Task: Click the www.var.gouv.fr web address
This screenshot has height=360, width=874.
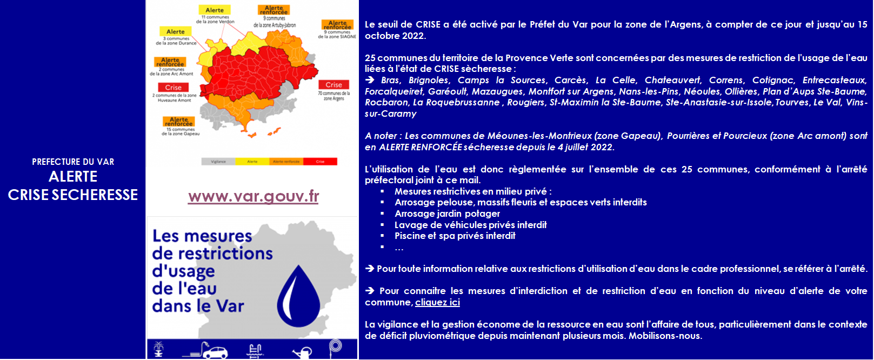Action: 253,197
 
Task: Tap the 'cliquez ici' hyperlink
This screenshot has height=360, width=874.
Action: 437,303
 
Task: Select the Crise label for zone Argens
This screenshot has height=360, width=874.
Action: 333,85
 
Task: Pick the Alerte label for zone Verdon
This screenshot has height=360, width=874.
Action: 215,10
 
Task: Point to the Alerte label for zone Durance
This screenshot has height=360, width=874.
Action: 176,32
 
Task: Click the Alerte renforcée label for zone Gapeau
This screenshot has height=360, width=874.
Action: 179,122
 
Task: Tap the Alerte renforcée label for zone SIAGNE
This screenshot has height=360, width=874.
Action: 338,25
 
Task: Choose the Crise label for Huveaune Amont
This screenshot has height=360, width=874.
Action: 174,88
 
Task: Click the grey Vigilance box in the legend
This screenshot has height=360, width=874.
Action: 218,162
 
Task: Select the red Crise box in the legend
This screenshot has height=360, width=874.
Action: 321,162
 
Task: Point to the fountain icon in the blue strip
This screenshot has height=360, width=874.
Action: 158,350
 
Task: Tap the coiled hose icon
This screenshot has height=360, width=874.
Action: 336,346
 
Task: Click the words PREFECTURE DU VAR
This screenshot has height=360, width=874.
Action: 73,162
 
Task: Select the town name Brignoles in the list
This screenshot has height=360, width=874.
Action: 429,81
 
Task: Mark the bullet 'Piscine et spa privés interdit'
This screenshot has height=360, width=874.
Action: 455,236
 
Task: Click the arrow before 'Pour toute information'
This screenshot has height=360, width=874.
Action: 370,269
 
